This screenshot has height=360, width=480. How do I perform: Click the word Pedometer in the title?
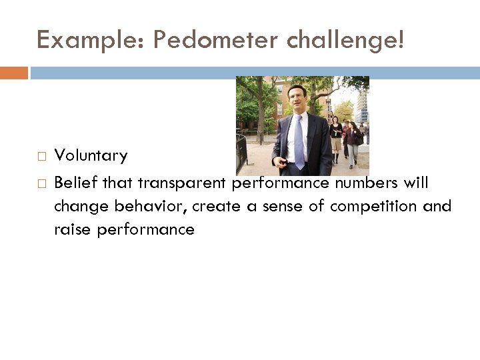click(x=214, y=41)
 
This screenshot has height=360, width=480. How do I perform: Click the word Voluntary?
click(x=91, y=156)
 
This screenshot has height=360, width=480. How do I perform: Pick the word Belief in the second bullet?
click(x=74, y=182)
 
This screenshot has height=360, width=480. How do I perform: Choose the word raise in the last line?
click(x=71, y=230)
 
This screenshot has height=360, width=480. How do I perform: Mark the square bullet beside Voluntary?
click(x=41, y=157)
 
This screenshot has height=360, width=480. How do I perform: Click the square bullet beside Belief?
click(x=41, y=183)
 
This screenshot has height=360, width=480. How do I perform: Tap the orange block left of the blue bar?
click(x=14, y=72)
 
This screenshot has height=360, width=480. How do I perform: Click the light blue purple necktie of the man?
click(x=298, y=141)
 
